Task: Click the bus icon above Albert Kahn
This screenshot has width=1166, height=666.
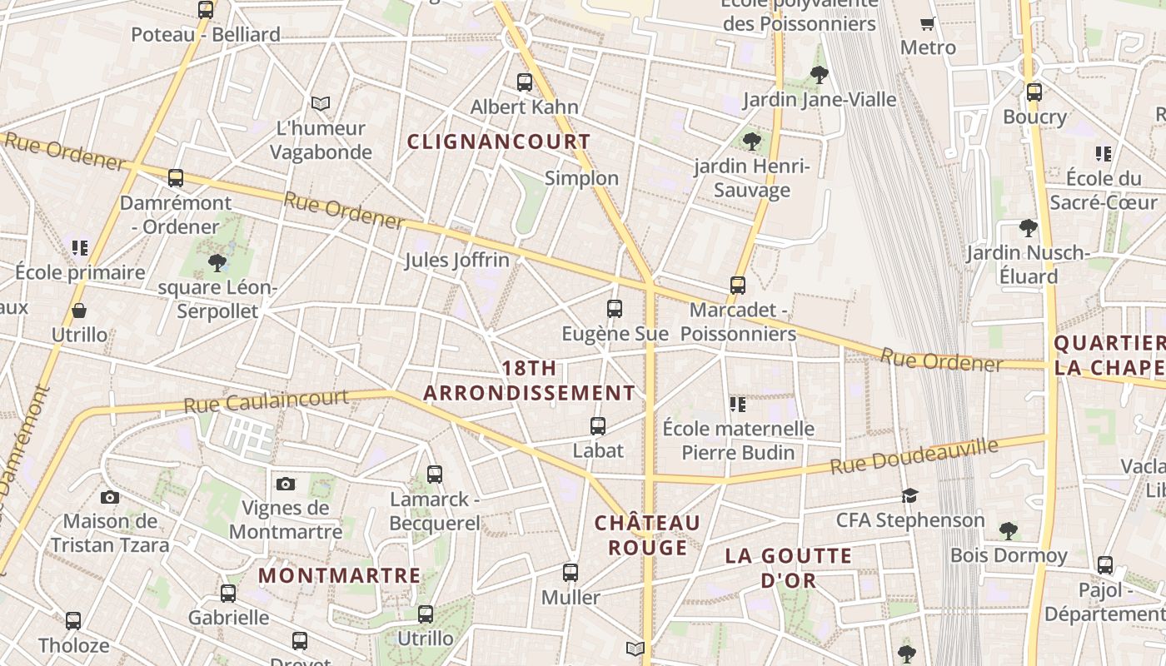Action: click(x=525, y=82)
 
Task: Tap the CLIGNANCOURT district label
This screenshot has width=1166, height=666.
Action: click(x=499, y=142)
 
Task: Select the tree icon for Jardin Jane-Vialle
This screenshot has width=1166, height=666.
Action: click(x=820, y=75)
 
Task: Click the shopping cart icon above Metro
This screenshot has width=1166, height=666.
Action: click(x=927, y=23)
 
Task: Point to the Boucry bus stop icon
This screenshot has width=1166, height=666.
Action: click(x=1034, y=92)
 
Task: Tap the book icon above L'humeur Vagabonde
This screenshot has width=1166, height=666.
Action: click(x=321, y=103)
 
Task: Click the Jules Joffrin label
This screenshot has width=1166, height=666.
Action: click(x=456, y=260)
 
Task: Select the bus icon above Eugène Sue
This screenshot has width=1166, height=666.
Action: click(x=615, y=309)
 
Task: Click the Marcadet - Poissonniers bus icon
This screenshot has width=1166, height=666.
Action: click(x=738, y=286)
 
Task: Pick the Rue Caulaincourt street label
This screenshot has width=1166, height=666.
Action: click(x=266, y=401)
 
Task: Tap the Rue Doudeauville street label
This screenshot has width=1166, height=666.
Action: click(x=914, y=457)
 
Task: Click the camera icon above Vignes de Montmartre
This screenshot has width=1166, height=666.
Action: click(x=286, y=484)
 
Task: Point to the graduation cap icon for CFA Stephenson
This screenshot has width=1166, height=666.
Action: click(x=909, y=496)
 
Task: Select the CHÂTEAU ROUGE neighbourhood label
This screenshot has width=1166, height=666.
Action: click(x=647, y=535)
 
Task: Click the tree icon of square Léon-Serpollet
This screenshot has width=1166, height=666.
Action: click(x=217, y=263)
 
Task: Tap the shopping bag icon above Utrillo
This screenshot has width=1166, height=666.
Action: click(x=79, y=311)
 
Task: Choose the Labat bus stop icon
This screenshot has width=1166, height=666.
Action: click(x=598, y=426)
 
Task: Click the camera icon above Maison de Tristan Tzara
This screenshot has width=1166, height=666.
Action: click(x=110, y=498)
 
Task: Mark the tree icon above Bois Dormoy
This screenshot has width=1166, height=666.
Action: click(x=1009, y=530)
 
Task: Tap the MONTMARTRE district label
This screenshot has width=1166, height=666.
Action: click(x=339, y=575)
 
